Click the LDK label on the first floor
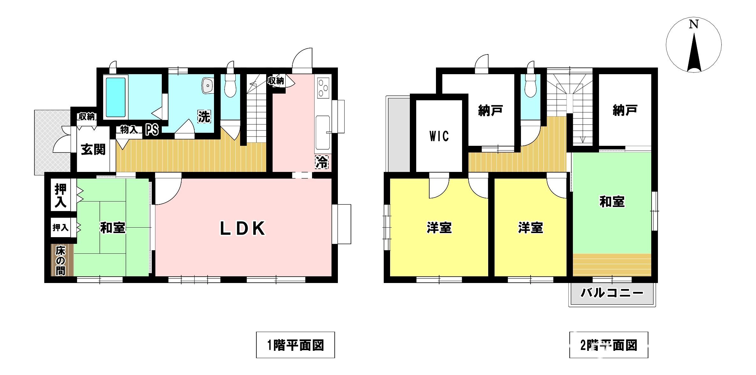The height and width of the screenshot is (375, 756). coord(243,228)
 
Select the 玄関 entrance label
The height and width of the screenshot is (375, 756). coord(93,149)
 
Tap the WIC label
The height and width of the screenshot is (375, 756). coord(439,136)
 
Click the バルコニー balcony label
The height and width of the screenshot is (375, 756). coord(612,293)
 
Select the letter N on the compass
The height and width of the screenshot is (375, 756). coord(694,24)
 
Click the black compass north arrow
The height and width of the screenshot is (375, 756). coord(694,54)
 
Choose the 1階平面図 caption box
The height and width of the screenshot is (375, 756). coord(296,345)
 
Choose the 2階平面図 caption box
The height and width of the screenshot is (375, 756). coord(609,345)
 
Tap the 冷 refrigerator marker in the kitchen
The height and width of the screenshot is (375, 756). coord(322,162)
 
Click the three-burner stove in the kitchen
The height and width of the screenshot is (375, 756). coord(323,87)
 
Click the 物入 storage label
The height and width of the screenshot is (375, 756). coord(129,130)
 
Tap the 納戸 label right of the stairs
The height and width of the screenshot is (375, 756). coord(625,110)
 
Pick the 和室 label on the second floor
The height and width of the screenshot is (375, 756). coord(612,202)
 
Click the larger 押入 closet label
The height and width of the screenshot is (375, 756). coord(61,195)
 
